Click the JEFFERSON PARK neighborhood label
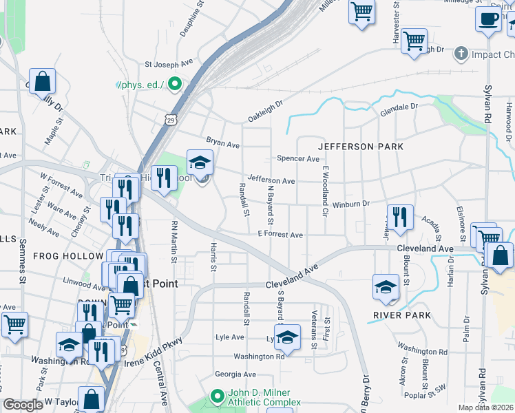360,147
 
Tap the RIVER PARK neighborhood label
402,315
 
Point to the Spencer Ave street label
298,158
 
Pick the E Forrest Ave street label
280,235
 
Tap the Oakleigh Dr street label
266,111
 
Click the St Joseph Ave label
168,65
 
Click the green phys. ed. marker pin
175,85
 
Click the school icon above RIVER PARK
386,287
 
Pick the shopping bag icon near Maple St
43,81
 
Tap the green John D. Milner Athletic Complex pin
217,396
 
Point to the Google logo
23,404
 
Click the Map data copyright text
486,407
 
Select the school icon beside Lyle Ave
287,337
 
